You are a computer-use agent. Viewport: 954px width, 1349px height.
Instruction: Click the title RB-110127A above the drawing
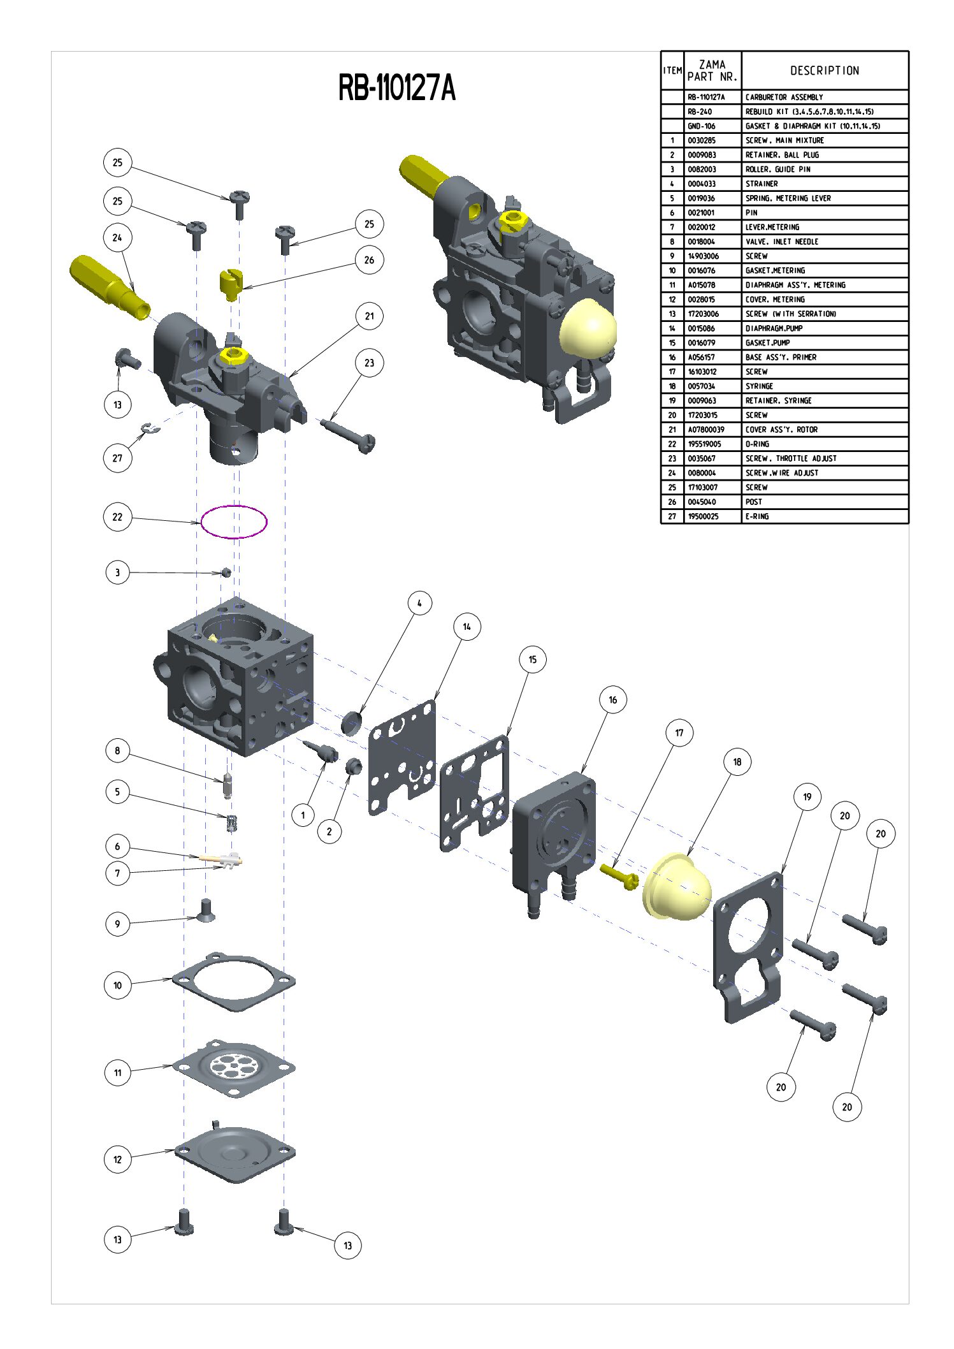point(396,88)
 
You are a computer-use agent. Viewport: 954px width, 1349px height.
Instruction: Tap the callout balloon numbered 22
point(117,517)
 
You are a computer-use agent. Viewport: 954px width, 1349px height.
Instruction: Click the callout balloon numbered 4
point(419,603)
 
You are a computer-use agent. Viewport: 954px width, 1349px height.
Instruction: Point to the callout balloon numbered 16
point(612,700)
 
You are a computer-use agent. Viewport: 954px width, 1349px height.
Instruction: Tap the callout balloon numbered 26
point(369,260)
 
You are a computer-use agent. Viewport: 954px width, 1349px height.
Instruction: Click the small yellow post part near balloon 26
point(229,282)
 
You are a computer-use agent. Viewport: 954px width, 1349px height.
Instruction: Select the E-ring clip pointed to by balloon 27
point(151,428)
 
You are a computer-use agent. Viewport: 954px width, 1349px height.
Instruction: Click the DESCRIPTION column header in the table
point(825,71)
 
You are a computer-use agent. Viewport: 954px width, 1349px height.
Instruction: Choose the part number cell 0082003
point(702,170)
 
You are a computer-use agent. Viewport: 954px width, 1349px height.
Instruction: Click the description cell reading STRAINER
point(762,184)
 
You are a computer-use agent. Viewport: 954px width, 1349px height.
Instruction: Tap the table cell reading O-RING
point(757,444)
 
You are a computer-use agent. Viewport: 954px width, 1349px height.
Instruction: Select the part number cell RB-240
point(700,112)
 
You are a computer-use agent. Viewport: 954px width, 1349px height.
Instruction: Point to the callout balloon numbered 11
point(117,1072)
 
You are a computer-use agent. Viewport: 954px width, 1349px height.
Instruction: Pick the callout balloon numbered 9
point(117,924)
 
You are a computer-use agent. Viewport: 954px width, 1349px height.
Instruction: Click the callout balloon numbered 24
point(117,238)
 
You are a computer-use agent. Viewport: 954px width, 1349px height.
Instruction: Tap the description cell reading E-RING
point(757,516)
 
